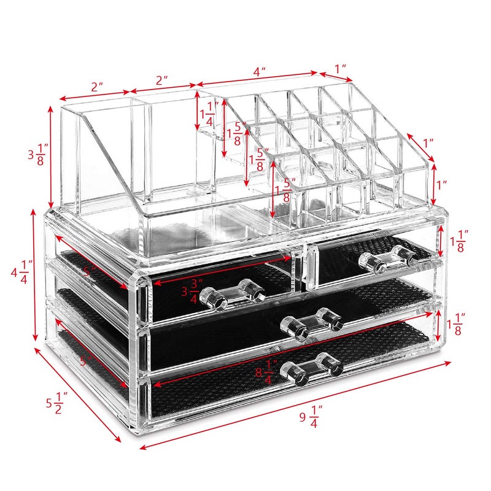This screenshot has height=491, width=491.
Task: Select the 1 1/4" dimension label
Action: click(210, 114)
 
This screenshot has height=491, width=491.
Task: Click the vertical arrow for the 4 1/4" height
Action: click(35, 274)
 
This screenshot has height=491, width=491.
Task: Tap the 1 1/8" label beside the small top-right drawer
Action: click(458, 242)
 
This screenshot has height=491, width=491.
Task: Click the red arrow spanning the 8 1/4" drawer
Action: click(295, 353)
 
